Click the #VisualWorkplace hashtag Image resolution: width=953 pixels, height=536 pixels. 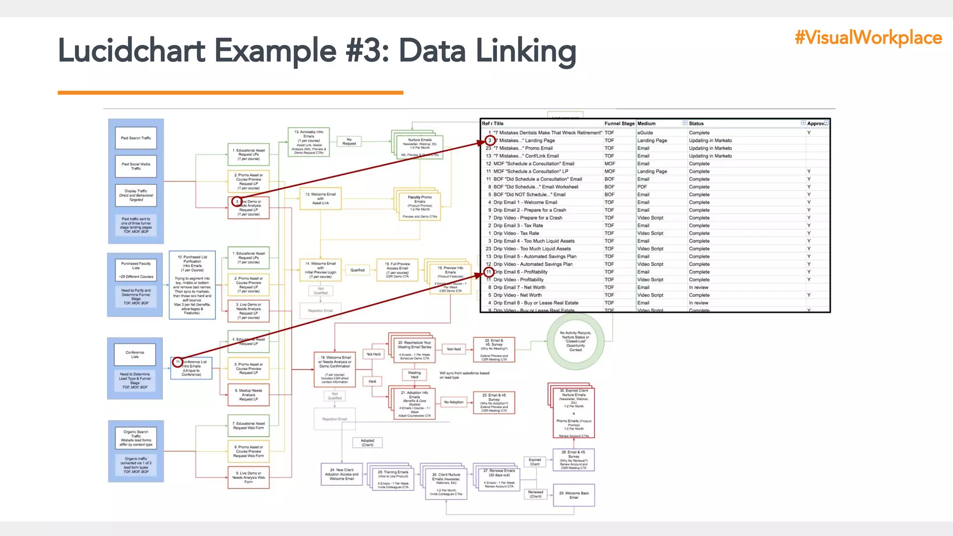point(868,38)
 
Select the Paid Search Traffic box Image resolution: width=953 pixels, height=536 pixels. point(136,138)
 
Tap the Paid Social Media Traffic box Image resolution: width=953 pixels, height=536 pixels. point(136,166)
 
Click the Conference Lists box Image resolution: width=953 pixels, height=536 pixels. point(135,355)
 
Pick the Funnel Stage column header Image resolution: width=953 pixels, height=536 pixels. point(619,124)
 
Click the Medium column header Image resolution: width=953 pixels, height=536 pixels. point(646,124)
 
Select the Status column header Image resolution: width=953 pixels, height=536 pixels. point(696,124)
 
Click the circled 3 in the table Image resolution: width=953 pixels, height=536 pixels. point(490,141)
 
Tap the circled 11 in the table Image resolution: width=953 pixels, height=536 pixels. point(489,272)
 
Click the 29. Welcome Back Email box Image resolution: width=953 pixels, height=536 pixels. point(574,495)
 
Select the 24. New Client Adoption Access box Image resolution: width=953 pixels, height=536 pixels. point(342,474)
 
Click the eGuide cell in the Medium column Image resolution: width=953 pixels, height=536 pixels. point(645,133)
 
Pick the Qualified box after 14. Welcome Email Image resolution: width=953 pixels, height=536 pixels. point(357,270)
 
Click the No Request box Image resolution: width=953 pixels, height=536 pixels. point(349,141)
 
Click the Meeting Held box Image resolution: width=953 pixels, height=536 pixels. point(414,375)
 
